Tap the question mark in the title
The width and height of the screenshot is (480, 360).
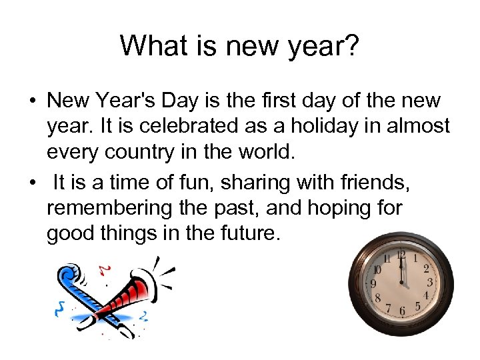coord(352,45)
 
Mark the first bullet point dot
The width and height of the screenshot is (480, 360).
coord(32,101)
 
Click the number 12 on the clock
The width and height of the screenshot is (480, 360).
coord(401,254)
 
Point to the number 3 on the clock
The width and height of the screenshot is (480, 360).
coord(430,283)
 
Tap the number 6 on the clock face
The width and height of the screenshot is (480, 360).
coord(401,311)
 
